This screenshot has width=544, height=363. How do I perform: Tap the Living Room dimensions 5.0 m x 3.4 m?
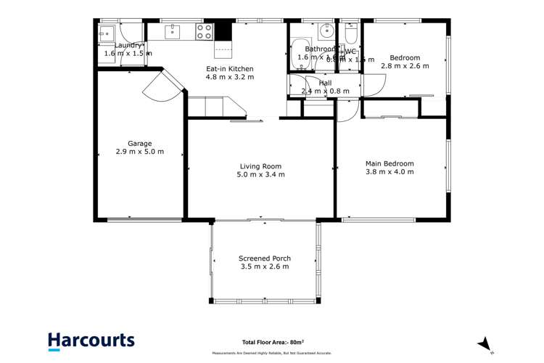click(262, 174)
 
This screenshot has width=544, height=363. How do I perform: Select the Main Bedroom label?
click(390, 163)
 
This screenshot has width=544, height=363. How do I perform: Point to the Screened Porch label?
click(264, 258)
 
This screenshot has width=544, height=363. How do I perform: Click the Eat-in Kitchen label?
click(229, 69)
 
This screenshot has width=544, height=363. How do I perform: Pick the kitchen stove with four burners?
click(205, 30)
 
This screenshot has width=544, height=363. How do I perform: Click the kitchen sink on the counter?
click(173, 30)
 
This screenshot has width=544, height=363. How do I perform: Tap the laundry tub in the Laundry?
click(105, 33)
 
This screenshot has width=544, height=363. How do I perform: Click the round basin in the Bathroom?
click(327, 30)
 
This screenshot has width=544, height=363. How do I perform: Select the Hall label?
click(326, 83)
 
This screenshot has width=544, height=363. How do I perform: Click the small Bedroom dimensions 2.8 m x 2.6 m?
click(405, 65)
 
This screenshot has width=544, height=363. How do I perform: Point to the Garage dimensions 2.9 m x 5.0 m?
click(140, 152)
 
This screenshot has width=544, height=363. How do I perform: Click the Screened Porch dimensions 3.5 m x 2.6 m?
click(264, 267)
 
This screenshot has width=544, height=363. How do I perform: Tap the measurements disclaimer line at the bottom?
click(272, 354)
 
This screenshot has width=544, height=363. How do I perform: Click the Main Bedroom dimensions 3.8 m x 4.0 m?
click(390, 172)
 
